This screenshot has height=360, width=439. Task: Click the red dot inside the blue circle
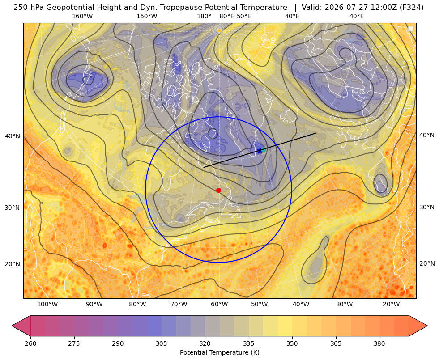coord(218,190)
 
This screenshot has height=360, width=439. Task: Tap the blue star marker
coord(260,150)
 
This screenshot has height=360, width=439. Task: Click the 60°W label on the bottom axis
coord(219,305)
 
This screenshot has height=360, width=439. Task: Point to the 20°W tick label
coord(391,305)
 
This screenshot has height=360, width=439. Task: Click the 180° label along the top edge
coord(204,16)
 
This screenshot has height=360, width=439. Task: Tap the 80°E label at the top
coord(226,16)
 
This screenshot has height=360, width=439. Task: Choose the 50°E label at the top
coord(244,16)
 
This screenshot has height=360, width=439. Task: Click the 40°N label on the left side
coord(13,136)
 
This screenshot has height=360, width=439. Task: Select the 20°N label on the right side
coord(427,263)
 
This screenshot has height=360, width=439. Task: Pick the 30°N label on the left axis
coord(13,208)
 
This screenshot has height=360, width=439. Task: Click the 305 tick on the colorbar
coord(161,343)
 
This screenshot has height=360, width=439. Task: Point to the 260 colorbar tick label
coord(30,343)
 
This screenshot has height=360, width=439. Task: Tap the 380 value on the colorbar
coord(379,343)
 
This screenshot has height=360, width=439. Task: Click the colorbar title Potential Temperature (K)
coord(219,352)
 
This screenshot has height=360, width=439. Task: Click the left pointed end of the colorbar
coord(12,326)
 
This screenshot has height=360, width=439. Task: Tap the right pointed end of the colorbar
coord(427,326)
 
